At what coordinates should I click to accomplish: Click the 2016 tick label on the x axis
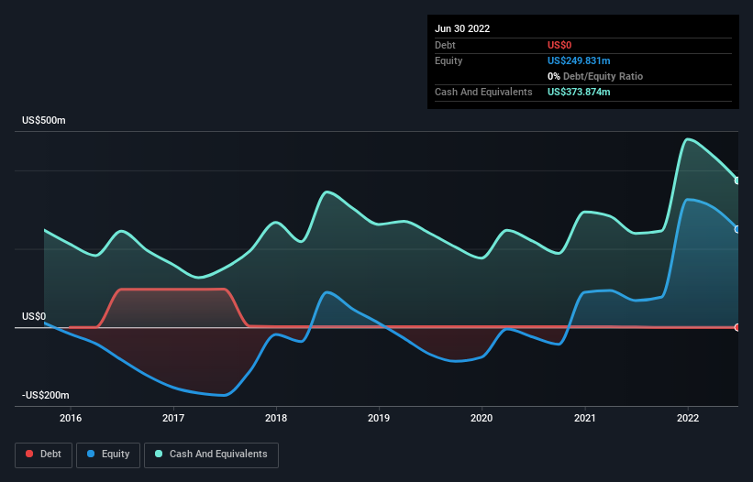click(70, 418)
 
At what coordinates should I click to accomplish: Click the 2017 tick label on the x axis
click(173, 418)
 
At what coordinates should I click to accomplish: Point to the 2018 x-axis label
click(276, 418)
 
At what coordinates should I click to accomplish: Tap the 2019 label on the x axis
click(379, 418)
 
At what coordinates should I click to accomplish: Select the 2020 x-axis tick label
click(482, 418)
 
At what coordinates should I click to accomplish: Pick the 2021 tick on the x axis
click(584, 418)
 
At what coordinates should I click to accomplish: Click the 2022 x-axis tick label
click(687, 418)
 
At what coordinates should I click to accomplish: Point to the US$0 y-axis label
click(34, 316)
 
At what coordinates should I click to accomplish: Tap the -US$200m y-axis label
click(47, 395)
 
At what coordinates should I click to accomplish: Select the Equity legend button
click(108, 455)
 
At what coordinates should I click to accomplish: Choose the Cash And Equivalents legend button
click(211, 455)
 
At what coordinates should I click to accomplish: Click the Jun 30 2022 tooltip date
click(462, 28)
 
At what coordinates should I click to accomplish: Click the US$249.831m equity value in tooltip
click(579, 60)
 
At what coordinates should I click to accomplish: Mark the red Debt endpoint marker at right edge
click(737, 327)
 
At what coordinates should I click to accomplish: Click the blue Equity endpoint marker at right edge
click(737, 229)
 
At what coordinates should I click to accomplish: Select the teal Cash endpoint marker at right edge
click(737, 181)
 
